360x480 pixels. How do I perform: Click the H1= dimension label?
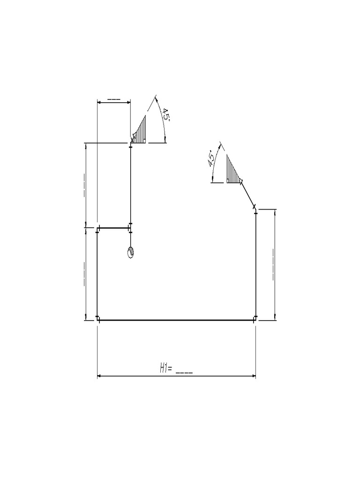[x=166, y=369]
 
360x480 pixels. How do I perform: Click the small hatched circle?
[x=131, y=252]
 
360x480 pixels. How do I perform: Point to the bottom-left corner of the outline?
[x=97, y=320]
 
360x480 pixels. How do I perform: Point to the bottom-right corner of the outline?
[x=255, y=320]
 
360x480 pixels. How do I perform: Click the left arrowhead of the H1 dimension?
[x=99, y=376]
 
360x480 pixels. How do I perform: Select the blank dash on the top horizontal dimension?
[x=113, y=99]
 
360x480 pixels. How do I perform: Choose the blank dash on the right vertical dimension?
[x=273, y=265]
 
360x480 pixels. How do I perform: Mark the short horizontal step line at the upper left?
[x=114, y=228]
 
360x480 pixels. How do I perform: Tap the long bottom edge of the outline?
[x=176, y=320]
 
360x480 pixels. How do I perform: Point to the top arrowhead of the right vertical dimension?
[x=275, y=211]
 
